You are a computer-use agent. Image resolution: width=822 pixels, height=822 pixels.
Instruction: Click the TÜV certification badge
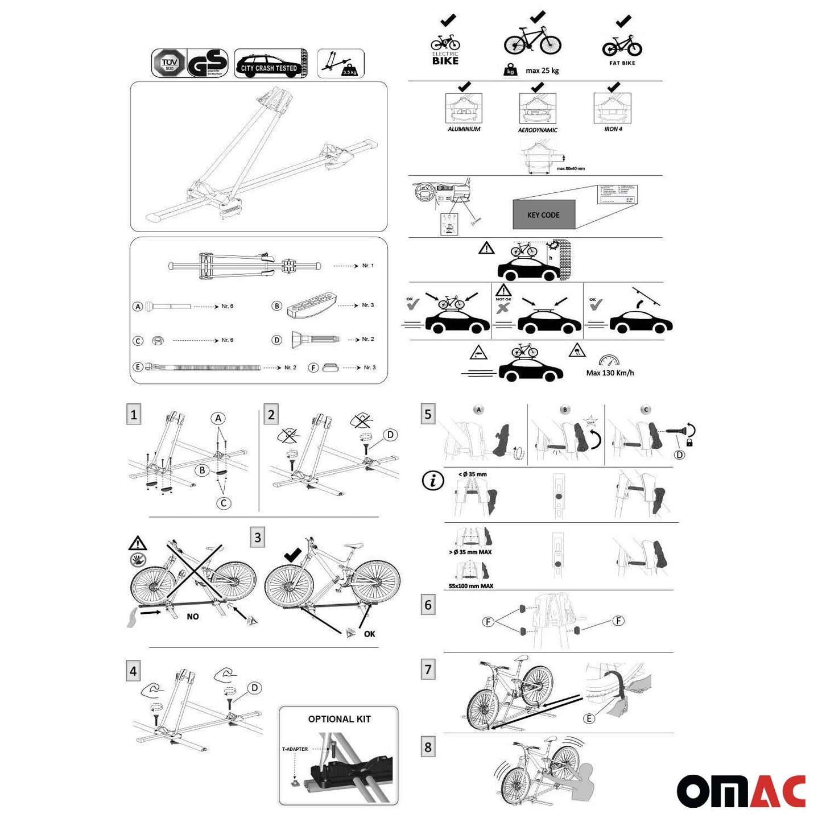(168, 63)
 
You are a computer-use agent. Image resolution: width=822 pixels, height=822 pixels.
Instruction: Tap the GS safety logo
(208, 64)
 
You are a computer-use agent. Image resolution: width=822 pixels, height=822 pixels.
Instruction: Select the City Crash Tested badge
(270, 63)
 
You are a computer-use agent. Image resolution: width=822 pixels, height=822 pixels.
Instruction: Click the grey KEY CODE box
(543, 214)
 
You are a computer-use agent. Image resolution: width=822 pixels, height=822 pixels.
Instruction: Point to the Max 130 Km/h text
(610, 373)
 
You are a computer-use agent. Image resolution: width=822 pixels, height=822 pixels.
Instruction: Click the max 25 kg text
(542, 71)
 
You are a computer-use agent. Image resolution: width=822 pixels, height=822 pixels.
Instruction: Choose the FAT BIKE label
(622, 63)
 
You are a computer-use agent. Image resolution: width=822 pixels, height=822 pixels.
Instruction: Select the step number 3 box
(258, 537)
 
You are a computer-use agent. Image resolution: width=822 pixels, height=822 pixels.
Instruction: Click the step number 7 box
(428, 670)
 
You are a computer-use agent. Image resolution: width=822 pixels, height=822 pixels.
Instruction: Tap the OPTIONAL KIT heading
(339, 719)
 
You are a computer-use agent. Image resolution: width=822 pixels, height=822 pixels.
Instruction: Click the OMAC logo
(741, 791)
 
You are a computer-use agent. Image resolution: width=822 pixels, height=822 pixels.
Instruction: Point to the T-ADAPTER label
(295, 749)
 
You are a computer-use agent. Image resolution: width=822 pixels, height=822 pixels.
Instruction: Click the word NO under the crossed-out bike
(193, 617)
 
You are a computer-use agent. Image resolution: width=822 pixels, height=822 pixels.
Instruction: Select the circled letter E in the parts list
(138, 367)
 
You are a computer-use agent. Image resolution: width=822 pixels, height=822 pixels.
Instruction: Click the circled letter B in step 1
(202, 470)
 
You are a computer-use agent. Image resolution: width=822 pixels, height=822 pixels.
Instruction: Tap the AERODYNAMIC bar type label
(538, 130)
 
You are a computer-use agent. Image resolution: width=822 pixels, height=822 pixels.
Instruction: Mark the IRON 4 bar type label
(613, 129)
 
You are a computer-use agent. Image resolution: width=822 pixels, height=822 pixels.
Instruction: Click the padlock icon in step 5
(689, 443)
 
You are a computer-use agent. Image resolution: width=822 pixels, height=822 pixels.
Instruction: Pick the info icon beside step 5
(433, 481)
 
